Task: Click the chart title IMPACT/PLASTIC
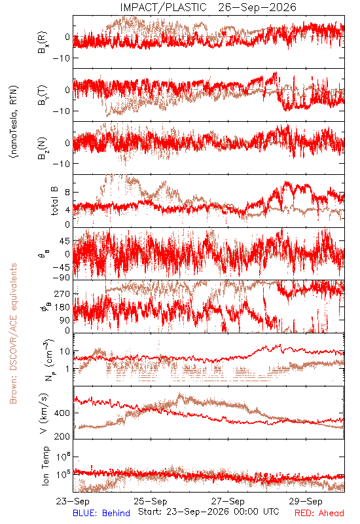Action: [x=163, y=7]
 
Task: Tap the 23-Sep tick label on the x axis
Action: [x=73, y=501]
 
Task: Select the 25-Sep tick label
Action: [x=151, y=501]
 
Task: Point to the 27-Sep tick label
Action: [x=228, y=501]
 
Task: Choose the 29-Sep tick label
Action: [x=306, y=501]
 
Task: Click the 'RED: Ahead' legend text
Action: [x=319, y=513]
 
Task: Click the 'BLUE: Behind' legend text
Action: [x=101, y=513]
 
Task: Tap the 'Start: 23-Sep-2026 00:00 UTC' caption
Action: [x=209, y=512]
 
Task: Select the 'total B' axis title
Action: [x=54, y=201]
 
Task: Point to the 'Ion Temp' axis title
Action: [x=45, y=466]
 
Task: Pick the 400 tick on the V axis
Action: [x=62, y=413]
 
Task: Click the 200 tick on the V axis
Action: [x=62, y=436]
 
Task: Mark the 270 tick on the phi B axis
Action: [x=62, y=294]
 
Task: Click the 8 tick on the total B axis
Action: [x=67, y=192]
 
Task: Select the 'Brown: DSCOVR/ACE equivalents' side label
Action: [x=13, y=333]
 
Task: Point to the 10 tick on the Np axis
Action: [x=65, y=351]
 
